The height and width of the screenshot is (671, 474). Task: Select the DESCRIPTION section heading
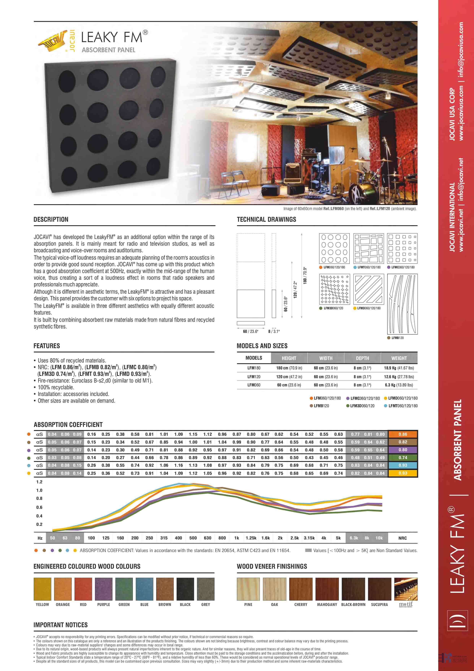51,219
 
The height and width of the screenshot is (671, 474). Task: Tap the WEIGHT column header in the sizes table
399,358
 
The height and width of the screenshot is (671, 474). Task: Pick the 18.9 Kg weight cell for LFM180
399,368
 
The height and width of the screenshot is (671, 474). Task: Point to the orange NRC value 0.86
403,434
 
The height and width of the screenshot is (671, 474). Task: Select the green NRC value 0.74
403,458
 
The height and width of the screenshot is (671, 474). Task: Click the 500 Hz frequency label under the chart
193,538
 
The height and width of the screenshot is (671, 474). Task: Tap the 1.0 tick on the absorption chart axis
39,490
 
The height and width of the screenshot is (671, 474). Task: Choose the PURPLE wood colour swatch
104,589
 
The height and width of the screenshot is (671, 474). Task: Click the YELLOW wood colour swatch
42,589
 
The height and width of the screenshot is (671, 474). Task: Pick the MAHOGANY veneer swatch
327,589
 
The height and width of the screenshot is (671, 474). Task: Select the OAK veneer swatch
274,589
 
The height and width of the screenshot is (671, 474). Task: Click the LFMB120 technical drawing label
398,338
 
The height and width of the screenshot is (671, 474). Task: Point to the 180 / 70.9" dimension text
305,275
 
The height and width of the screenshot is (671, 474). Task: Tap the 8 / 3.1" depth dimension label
274,331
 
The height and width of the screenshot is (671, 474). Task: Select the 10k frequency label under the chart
379,538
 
